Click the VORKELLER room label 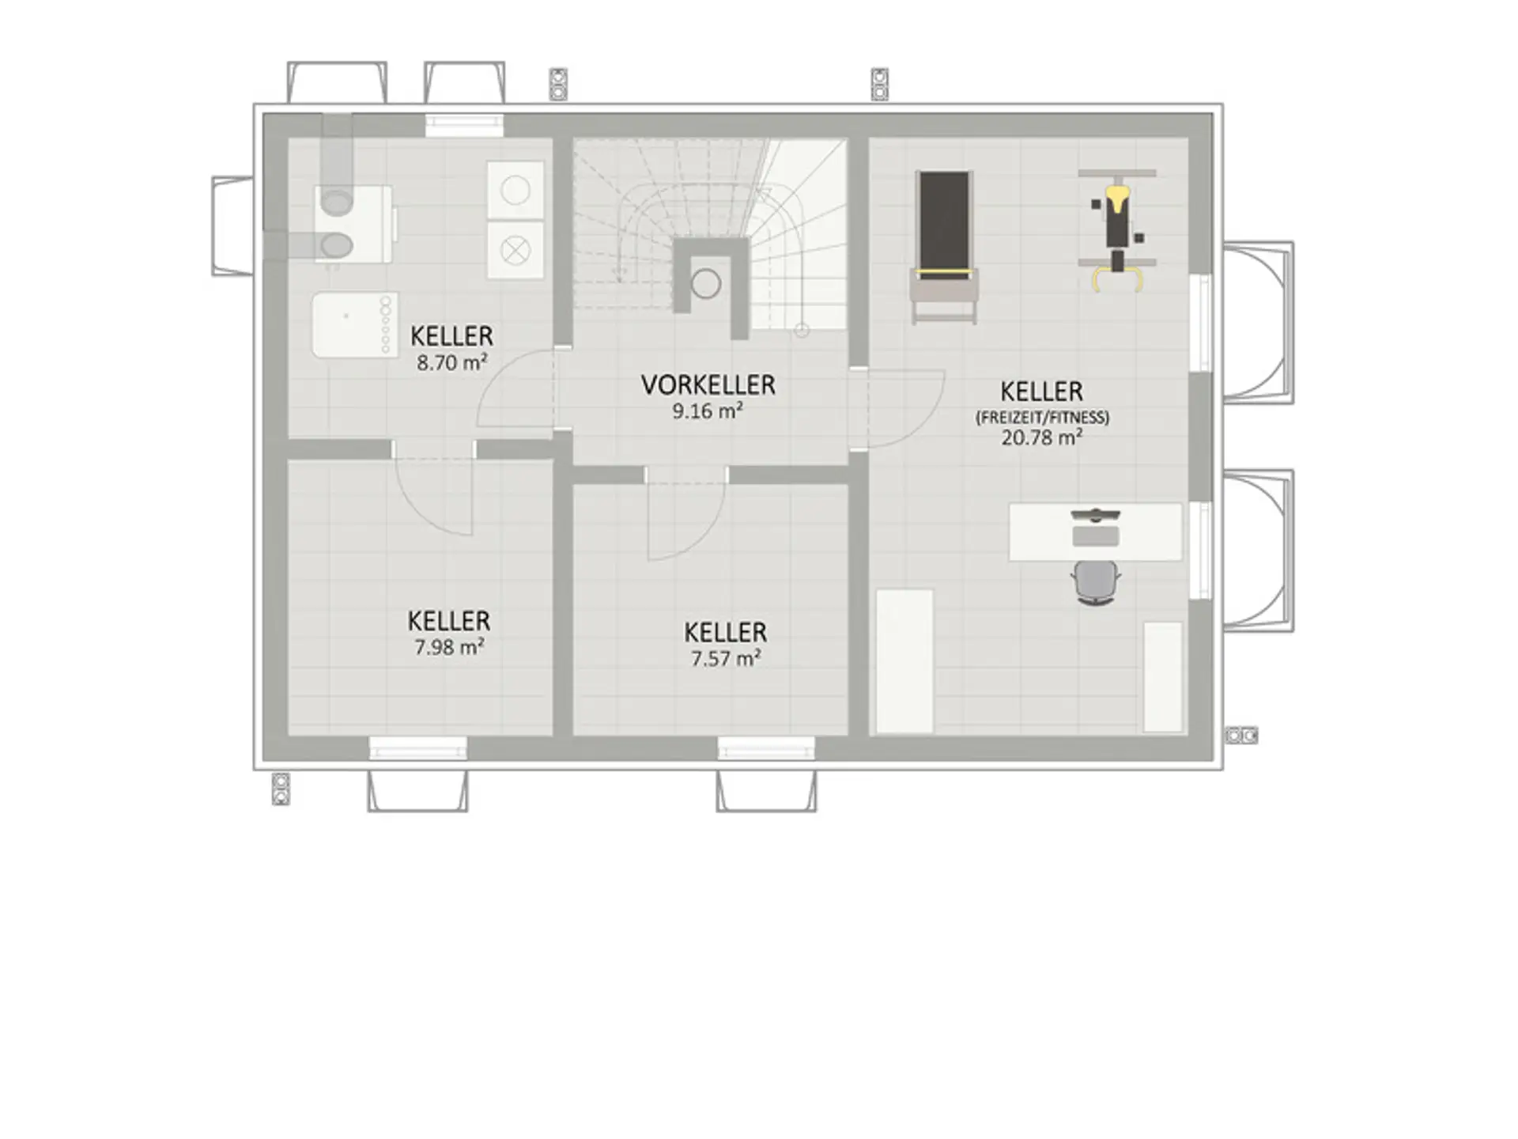(708, 385)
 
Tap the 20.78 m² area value (1042, 437)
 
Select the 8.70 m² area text (451, 363)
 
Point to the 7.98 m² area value (449, 647)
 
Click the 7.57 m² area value (726, 658)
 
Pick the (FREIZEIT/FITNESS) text (1042, 417)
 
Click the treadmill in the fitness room (944, 247)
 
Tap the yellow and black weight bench (1117, 229)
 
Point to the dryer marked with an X (515, 251)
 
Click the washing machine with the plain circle (515, 191)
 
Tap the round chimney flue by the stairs (706, 283)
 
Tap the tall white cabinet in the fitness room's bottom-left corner (904, 661)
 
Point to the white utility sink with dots (355, 325)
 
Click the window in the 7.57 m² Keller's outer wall (766, 748)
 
